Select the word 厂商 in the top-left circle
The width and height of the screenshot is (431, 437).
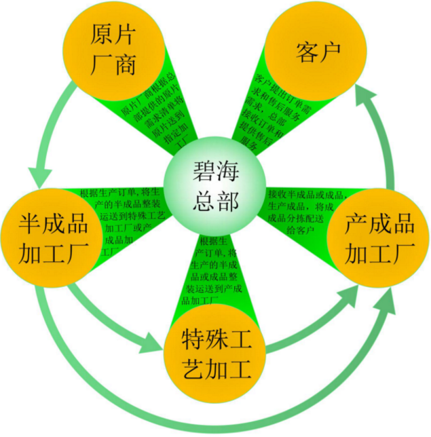click(x=113, y=66)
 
